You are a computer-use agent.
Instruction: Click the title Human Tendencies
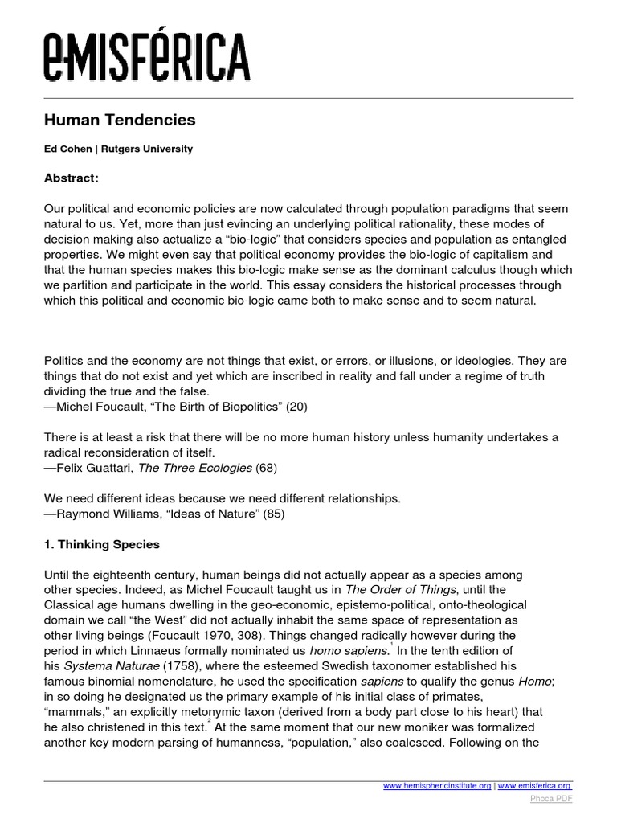pos(119,121)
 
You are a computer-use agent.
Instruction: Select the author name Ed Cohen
pos(67,149)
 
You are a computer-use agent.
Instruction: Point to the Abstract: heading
pos(71,178)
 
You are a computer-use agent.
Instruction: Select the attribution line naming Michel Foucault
pos(175,407)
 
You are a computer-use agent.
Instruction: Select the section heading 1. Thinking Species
pos(101,544)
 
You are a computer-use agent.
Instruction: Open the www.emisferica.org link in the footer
pos(535,785)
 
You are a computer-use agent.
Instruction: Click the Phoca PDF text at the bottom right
pos(550,800)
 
